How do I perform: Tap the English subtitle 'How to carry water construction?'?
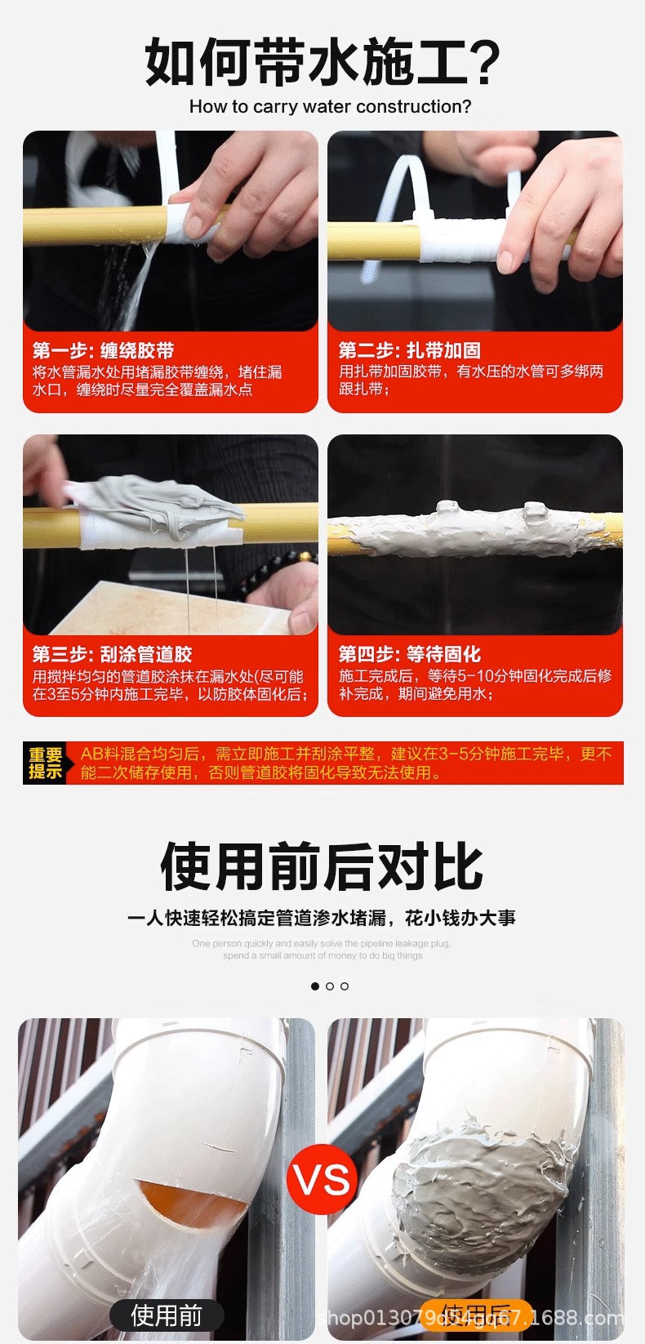coord(330,107)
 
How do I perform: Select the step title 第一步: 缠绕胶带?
coord(103,350)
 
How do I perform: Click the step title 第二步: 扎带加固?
coord(409,350)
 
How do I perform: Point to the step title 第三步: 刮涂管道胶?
coord(112,654)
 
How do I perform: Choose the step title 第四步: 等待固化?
coord(409,654)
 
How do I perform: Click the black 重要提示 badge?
coord(46,763)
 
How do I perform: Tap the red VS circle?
coord(322,1180)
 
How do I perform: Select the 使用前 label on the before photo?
coord(167,1315)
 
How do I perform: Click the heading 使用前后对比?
coord(322,866)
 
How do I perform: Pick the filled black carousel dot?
coord(315,986)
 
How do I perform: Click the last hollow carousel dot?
coord(345,986)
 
